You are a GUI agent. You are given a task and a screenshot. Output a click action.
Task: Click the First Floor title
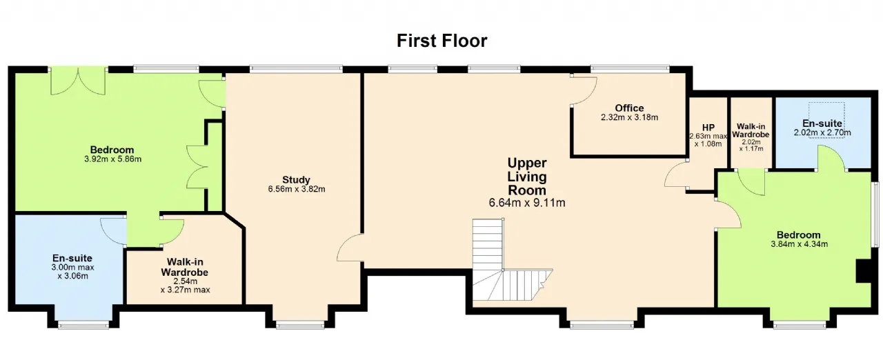(x=442, y=41)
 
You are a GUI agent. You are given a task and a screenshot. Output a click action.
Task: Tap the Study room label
(x=297, y=179)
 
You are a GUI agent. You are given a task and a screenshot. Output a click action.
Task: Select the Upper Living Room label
(x=527, y=177)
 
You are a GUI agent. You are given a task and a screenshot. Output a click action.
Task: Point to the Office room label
(x=630, y=108)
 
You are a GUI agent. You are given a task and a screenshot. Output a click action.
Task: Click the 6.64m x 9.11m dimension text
(x=527, y=203)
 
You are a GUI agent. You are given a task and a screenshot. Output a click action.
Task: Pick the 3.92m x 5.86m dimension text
(x=112, y=159)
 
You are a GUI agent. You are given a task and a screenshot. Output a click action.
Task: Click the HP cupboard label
(x=708, y=128)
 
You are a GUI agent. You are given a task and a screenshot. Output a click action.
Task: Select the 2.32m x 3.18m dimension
(x=630, y=117)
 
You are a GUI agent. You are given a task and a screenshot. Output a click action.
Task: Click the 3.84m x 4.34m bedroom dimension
(x=799, y=244)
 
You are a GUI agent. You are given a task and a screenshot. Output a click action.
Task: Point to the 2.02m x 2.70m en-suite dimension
(x=822, y=132)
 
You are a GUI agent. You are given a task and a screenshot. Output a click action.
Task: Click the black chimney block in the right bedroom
(x=863, y=271)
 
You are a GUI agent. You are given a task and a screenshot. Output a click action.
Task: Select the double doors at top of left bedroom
(x=79, y=81)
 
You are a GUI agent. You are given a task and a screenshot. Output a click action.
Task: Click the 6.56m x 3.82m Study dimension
(x=297, y=189)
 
